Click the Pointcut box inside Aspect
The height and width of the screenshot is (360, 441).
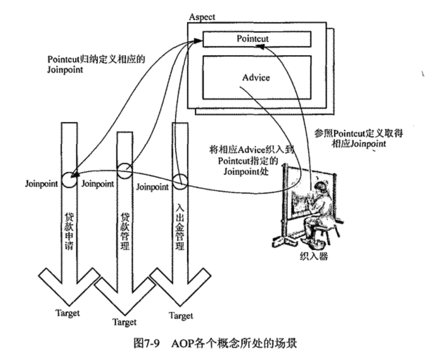256,39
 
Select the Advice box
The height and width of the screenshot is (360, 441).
256,78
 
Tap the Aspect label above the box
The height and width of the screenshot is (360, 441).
202,18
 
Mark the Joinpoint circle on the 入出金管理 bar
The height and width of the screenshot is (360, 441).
180,180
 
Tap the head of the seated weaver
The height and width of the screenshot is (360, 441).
320,188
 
